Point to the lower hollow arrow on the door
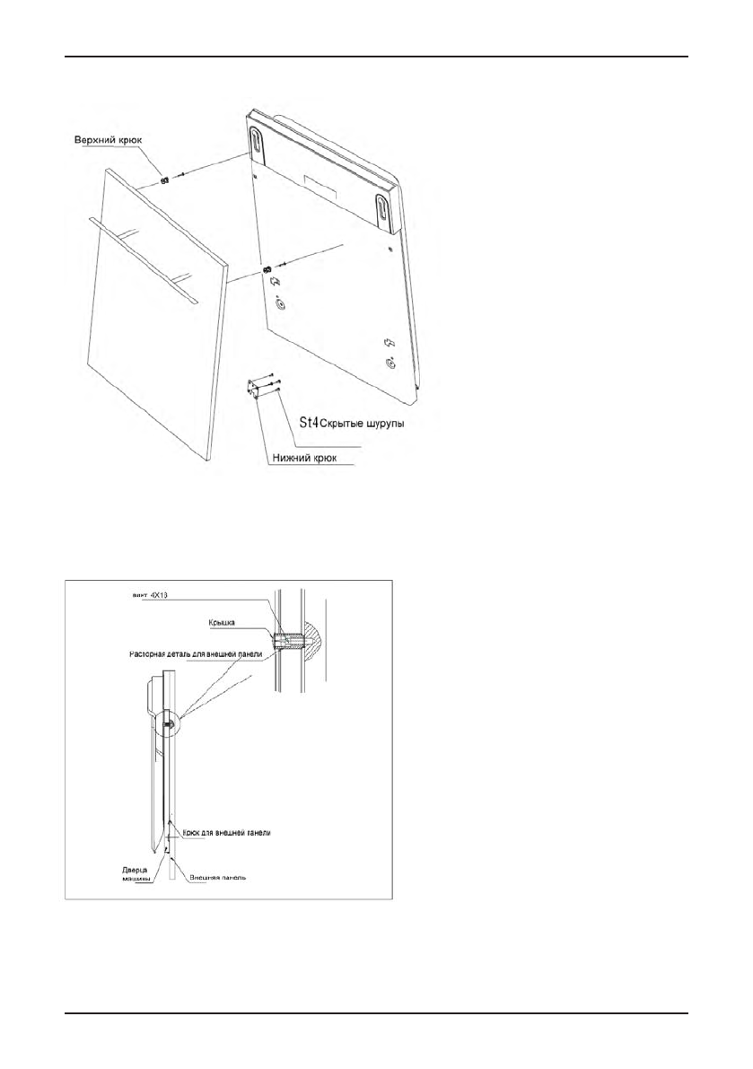[x=389, y=343]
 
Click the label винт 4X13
[x=152, y=593]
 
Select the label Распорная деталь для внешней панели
[x=192, y=654]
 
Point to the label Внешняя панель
[x=216, y=879]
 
